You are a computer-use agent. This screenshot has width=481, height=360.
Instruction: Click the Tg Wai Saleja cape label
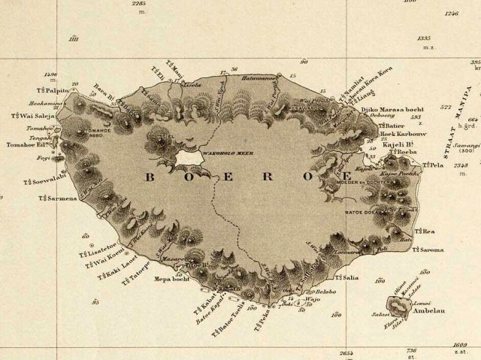[x=31, y=116]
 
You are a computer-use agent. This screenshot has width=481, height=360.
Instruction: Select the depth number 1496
[x=51, y=74]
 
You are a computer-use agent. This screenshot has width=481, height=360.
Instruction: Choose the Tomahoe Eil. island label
[x=27, y=145]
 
